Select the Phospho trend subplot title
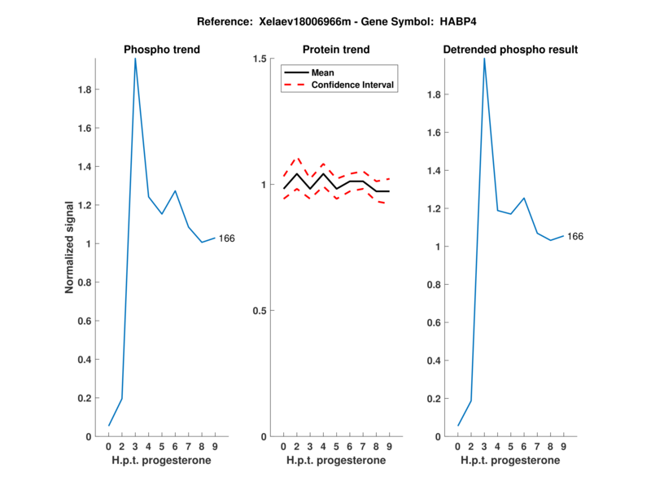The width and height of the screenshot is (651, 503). tap(161, 50)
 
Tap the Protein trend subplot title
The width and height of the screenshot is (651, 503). tap(336, 50)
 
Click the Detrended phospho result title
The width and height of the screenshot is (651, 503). tap(510, 50)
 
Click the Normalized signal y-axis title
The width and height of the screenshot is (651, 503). tap(71, 247)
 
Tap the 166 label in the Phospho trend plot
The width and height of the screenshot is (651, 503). tap(227, 238)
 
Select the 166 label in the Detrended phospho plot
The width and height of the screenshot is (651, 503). tap(575, 237)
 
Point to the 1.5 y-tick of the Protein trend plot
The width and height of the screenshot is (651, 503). tap(260, 59)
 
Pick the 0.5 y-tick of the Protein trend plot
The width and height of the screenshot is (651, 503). tap(260, 311)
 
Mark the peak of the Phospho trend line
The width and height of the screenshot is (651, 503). tap(135, 59)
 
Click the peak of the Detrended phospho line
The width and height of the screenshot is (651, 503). tap(484, 59)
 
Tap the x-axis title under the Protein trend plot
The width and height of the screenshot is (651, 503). tap(336, 461)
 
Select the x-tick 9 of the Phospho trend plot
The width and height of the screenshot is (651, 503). tap(214, 447)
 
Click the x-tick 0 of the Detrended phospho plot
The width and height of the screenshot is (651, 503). tap(457, 447)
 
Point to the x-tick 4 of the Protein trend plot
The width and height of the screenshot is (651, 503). tap(323, 447)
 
